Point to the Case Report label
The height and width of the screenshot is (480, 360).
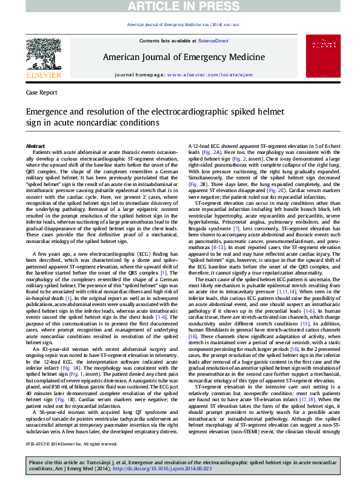click(42, 93)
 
